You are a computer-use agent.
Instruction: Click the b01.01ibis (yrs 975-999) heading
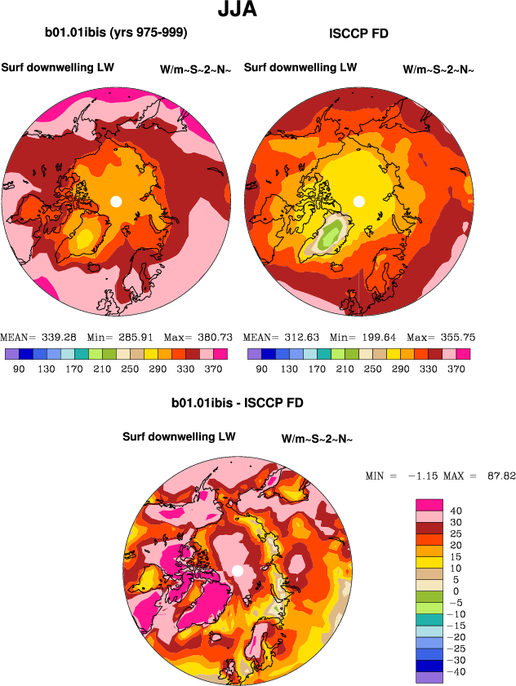pos(116,33)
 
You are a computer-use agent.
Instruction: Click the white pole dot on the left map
pos(116,201)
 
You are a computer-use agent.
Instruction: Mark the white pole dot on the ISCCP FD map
pos(358,201)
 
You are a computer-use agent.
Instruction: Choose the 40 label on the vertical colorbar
pos(456,511)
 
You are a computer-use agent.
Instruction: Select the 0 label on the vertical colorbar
pos(456,591)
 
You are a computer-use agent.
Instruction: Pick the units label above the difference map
pos(317,439)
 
